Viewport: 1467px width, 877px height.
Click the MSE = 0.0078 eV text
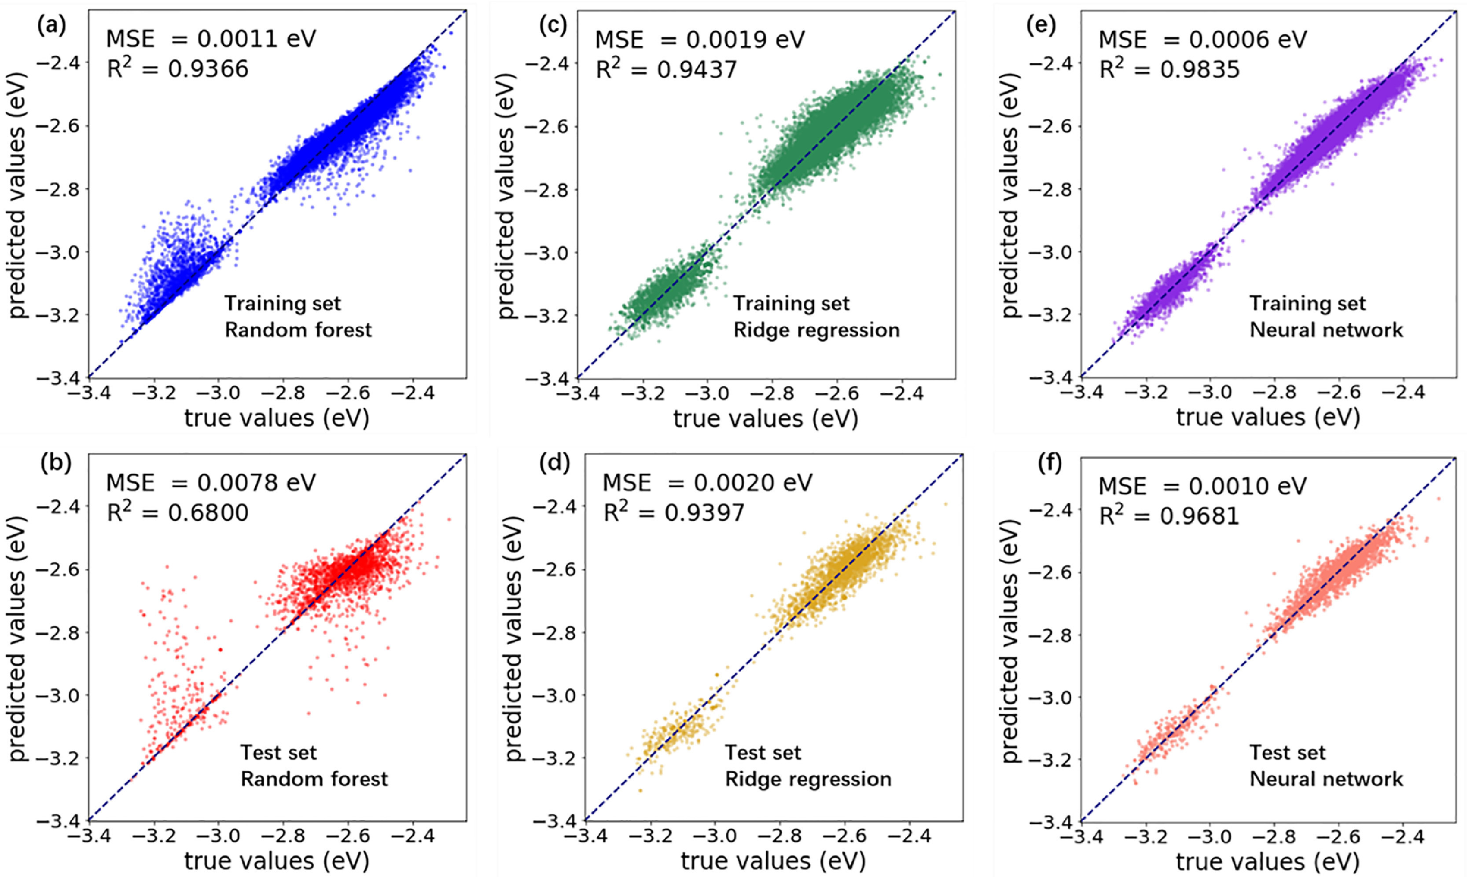click(210, 483)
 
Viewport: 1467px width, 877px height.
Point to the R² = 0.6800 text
click(177, 512)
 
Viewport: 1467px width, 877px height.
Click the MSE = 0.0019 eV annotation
click(699, 40)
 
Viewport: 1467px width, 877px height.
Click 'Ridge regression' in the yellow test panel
click(808, 779)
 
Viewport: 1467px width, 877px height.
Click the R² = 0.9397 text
click(673, 512)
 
